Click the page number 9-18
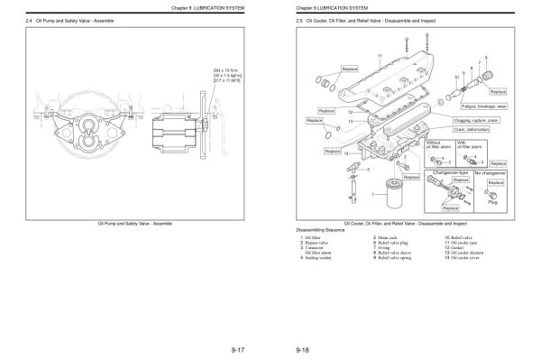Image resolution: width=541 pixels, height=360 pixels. tap(302, 348)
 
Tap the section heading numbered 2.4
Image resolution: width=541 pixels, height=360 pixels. tap(69, 19)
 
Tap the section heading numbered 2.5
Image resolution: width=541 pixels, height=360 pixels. tap(355, 19)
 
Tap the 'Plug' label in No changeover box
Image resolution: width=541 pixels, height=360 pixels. tap(492, 203)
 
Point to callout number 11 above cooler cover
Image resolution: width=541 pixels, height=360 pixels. tap(380, 56)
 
